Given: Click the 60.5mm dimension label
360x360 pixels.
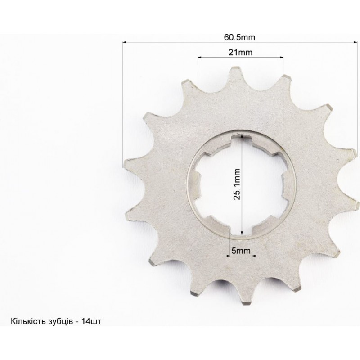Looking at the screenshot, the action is click(x=239, y=37).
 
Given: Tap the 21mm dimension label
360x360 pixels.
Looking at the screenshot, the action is click(x=240, y=53).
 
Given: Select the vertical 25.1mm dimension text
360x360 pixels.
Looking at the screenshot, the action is click(x=237, y=184).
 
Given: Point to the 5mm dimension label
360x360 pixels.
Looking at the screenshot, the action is click(x=241, y=251).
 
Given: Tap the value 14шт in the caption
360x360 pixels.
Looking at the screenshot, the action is click(x=91, y=321).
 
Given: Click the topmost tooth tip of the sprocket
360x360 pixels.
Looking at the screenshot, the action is click(x=235, y=67).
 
